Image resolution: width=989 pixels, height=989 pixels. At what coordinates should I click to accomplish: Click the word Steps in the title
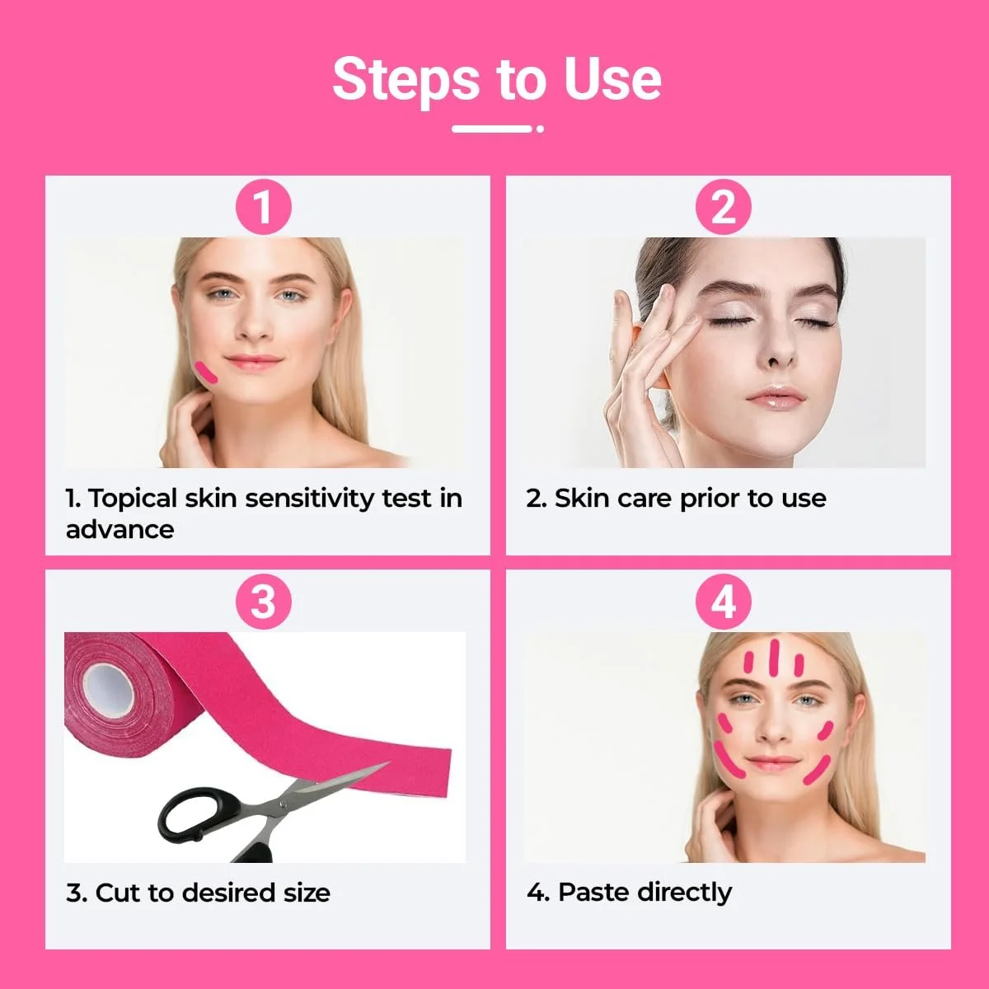pos(406,81)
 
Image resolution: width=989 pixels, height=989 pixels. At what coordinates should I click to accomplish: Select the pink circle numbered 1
pos(263,208)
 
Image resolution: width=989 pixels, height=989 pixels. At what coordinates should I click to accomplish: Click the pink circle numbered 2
pos(723,208)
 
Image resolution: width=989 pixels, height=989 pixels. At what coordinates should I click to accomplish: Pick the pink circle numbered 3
pos(263,602)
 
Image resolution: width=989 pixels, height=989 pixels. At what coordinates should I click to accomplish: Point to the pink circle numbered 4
pos(723,602)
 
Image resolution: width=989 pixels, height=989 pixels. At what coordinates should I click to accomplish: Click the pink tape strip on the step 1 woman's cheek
pos(206,372)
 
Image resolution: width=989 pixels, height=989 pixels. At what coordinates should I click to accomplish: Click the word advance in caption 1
pos(120,530)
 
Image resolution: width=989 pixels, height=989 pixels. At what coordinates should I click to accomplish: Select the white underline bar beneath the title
pos(492,129)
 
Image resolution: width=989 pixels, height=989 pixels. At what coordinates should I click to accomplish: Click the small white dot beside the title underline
pos(540,129)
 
